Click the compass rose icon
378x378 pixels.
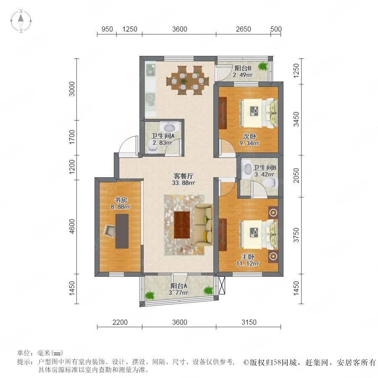tap(21, 21)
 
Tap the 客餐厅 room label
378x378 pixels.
tap(184, 176)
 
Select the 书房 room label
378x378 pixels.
tap(121, 200)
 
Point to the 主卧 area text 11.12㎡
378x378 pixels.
tap(248, 263)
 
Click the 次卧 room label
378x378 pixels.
tap(249, 136)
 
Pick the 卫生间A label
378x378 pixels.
tap(163, 136)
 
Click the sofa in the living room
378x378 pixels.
tap(204, 225)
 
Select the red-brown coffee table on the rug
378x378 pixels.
tap(182, 225)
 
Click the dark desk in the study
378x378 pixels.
tap(122, 231)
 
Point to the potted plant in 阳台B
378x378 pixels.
tap(262, 66)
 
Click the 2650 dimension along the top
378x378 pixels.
tap(244, 29)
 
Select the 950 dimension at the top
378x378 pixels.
tap(107, 29)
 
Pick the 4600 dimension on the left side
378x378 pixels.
tap(72, 226)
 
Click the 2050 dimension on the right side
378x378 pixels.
tap(296, 176)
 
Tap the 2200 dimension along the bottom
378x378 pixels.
tap(120, 322)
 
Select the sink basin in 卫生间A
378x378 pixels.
tap(169, 127)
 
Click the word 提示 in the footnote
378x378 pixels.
tap(25, 362)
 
